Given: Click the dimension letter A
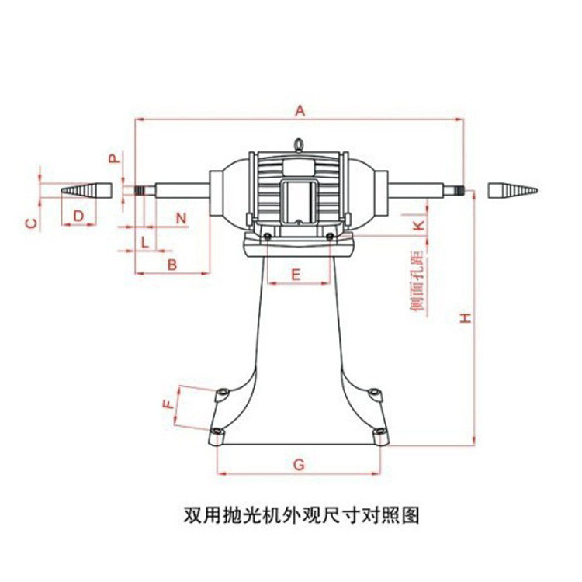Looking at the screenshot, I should click(300, 111).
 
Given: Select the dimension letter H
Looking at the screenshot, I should click(464, 318).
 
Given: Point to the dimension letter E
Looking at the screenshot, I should click(296, 274).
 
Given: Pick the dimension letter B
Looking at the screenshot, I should click(172, 265).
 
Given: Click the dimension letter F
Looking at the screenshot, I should click(167, 404).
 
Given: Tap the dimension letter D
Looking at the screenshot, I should click(78, 215).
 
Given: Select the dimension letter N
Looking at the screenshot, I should click(181, 218).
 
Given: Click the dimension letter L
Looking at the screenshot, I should click(144, 241).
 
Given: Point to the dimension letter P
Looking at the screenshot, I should click(114, 159).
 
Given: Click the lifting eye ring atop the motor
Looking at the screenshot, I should click(299, 144).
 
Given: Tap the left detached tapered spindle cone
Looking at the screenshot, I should click(86, 190).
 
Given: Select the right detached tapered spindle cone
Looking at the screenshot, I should click(512, 190).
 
